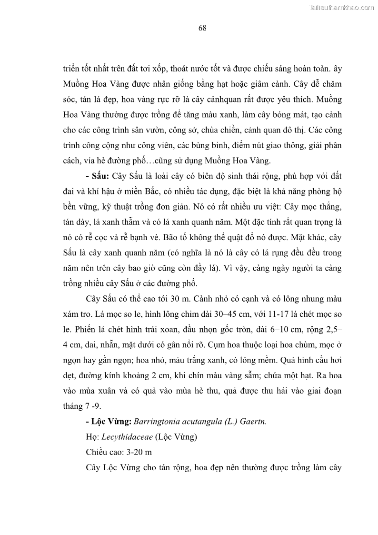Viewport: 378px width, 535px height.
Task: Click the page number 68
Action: (x=202, y=28)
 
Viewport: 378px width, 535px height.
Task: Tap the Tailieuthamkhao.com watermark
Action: (x=342, y=7)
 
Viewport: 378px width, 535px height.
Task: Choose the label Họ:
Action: (x=92, y=436)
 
